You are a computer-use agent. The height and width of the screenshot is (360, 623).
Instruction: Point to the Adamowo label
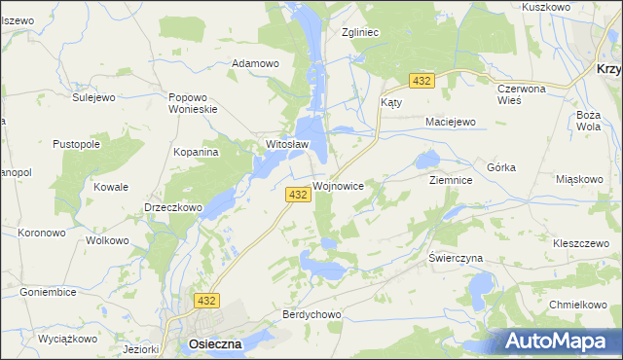pos(255,63)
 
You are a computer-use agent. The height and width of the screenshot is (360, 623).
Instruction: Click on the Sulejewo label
pos(94,97)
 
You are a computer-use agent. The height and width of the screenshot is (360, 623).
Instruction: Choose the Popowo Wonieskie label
pos(192,103)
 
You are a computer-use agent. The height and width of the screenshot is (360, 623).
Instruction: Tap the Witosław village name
pos(287,146)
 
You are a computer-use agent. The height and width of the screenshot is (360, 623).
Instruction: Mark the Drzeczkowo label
pos(172,207)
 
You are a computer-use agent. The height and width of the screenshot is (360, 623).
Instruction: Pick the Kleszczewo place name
pos(581,242)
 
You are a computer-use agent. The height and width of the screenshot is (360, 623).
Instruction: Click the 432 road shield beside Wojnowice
pos(299,195)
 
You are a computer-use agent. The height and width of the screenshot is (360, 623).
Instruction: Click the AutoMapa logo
pos(556,341)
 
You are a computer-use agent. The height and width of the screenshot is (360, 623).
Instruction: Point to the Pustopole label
pos(77,144)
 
